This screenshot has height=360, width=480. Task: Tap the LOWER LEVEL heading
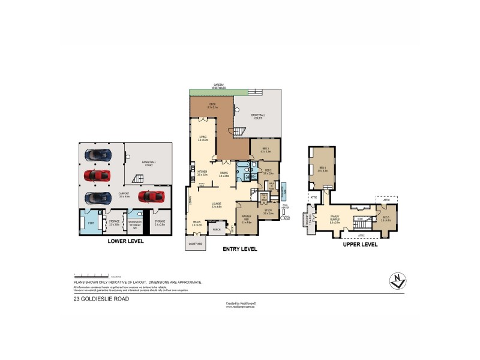point(125,241)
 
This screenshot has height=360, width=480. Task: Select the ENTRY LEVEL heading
point(239,248)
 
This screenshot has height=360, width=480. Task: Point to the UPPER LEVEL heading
point(360,245)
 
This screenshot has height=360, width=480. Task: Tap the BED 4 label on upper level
point(322,168)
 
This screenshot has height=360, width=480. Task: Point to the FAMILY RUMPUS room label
point(335,218)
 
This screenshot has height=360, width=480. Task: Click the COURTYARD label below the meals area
point(194,244)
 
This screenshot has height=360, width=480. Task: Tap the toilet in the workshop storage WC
point(140,214)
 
